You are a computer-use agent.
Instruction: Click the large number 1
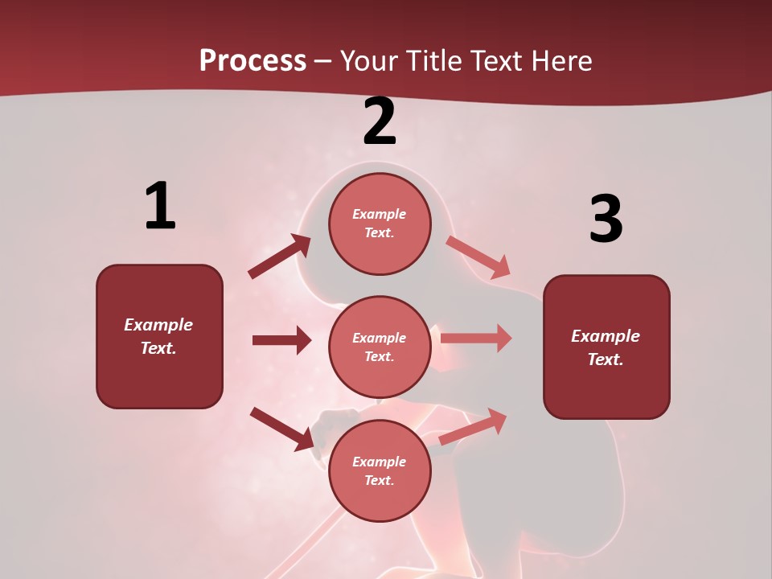tap(160, 207)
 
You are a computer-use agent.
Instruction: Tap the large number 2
tap(380, 122)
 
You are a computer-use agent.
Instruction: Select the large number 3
tap(606, 219)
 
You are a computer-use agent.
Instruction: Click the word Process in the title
tap(253, 60)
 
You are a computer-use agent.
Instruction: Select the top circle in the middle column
tap(380, 224)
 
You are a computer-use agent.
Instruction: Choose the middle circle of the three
tap(380, 347)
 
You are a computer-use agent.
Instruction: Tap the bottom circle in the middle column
tap(380, 470)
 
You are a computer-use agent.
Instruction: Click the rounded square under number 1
tap(159, 336)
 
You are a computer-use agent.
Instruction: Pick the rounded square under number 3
tap(606, 347)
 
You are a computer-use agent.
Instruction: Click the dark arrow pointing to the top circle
tap(280, 257)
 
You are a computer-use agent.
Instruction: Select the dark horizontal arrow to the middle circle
tap(281, 340)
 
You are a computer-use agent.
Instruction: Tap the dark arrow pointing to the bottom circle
tap(281, 428)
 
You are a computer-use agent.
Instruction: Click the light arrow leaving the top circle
tap(478, 257)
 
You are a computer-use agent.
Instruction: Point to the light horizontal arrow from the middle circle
tap(476, 338)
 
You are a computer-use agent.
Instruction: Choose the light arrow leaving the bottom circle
tap(473, 427)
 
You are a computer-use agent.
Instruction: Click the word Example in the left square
tap(158, 325)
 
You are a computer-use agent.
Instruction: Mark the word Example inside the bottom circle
tap(379, 462)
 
